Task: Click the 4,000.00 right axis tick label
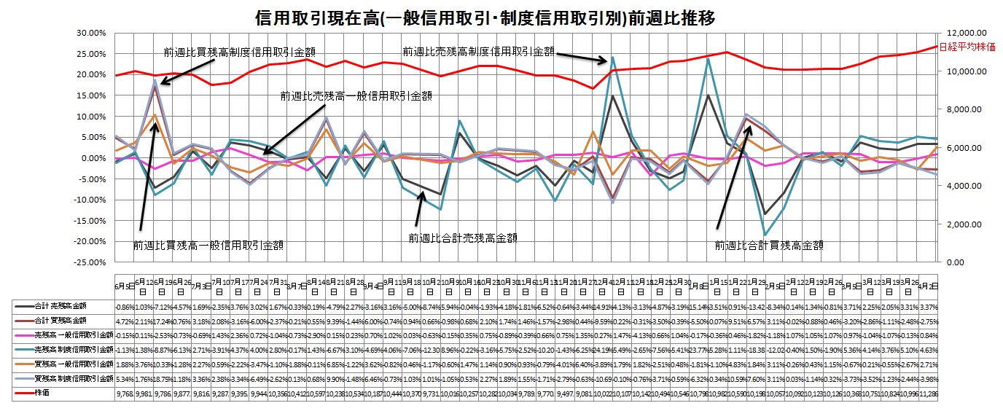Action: click(968, 186)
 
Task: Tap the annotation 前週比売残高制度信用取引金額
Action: click(478, 52)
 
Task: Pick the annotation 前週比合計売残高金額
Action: click(463, 238)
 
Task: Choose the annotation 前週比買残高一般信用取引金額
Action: click(208, 246)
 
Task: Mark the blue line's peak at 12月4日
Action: click(613, 57)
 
